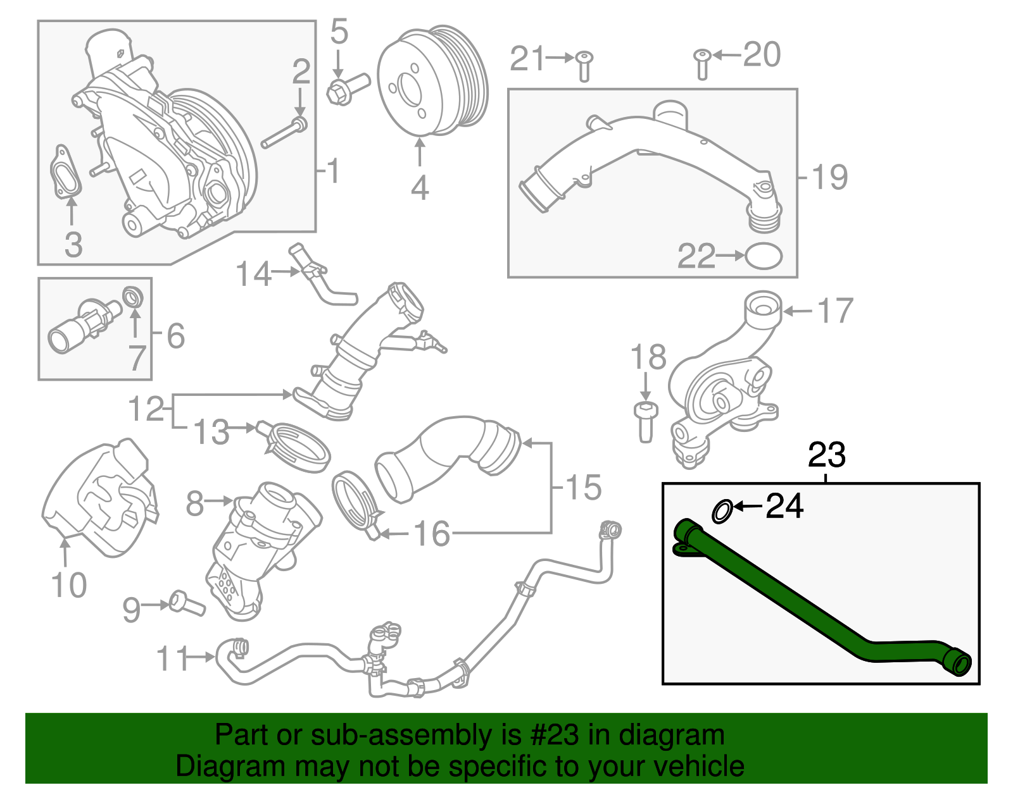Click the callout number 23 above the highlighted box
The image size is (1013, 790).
click(827, 455)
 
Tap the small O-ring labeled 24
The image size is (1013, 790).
click(722, 511)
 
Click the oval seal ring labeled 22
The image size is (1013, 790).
click(764, 256)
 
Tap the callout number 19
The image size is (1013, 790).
click(829, 177)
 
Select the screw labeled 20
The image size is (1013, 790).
click(702, 64)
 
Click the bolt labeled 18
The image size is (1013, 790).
click(645, 421)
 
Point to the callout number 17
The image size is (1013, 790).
click(836, 311)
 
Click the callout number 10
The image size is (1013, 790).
click(68, 585)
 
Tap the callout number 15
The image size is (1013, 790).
click(582, 488)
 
